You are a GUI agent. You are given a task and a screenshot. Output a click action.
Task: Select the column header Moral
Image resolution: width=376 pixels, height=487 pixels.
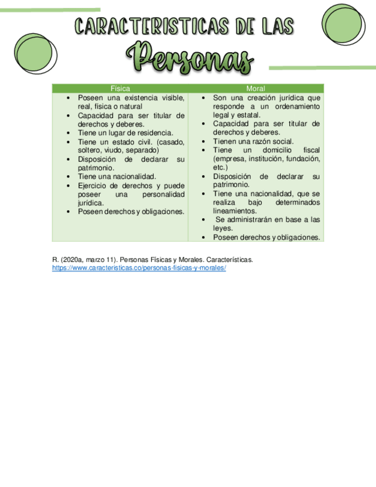(x=255, y=88)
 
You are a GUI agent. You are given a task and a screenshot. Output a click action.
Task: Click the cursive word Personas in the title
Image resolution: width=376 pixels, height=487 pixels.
(x=189, y=58)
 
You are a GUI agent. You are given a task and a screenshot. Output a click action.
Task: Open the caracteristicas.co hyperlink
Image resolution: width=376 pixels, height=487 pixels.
(x=139, y=268)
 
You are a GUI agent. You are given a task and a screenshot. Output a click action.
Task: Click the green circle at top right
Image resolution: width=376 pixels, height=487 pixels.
(x=343, y=22)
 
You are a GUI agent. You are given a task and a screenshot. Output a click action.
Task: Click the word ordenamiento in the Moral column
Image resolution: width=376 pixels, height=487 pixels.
(x=297, y=107)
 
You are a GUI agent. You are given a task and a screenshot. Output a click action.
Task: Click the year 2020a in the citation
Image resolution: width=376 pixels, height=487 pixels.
(x=70, y=260)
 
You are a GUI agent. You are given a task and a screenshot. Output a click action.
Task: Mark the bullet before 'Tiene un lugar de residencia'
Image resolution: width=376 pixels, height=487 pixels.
(x=69, y=133)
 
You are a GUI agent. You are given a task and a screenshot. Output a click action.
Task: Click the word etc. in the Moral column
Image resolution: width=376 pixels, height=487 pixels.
(x=220, y=167)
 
